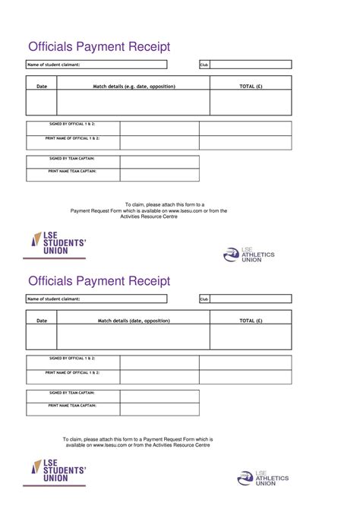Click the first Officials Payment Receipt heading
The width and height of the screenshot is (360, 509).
[99, 47]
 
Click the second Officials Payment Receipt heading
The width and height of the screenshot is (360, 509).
[99, 281]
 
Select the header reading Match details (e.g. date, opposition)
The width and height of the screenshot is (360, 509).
[134, 87]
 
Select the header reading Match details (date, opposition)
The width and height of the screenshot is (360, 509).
[134, 321]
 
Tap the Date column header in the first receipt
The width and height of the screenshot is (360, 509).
[42, 87]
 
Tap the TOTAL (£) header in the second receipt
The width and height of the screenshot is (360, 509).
[251, 321]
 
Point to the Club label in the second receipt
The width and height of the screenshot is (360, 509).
[204, 299]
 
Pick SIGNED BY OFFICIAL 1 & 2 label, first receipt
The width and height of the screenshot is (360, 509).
[72, 123]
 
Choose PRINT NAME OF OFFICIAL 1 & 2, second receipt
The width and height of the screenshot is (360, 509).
[72, 372]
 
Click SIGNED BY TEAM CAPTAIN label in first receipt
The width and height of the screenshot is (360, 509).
[72, 158]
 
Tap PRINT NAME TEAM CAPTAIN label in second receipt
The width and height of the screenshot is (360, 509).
[72, 405]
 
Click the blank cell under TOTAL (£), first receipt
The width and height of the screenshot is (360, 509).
[251, 103]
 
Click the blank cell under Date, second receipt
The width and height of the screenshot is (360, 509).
[42, 337]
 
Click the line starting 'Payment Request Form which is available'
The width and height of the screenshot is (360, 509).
[149, 210]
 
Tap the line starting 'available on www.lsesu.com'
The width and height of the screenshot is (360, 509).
[137, 445]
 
